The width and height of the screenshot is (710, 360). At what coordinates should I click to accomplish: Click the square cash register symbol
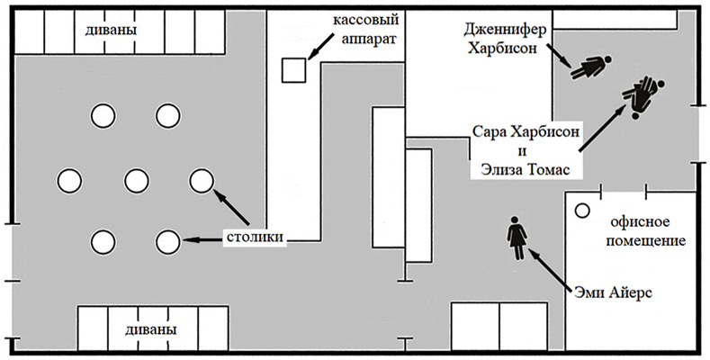[294, 70]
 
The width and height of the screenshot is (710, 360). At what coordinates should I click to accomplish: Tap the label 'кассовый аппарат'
[366, 29]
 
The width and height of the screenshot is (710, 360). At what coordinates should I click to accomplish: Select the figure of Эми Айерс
[516, 238]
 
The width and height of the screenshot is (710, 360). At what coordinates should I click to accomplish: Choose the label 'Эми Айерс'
[613, 292]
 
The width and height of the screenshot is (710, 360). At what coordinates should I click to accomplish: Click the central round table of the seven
[137, 180]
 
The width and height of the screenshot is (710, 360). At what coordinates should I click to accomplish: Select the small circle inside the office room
[582, 211]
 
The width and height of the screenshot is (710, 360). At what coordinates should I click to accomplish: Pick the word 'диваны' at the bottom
[151, 329]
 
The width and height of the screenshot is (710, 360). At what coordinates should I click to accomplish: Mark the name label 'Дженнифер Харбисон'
[505, 39]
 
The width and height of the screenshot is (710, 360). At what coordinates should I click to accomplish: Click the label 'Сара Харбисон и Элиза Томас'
[526, 151]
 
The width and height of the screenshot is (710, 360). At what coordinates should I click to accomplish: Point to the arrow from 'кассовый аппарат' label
[321, 48]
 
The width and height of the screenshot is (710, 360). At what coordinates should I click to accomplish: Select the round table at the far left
[69, 180]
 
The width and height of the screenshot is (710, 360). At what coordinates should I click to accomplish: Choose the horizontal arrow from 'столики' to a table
[202, 240]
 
